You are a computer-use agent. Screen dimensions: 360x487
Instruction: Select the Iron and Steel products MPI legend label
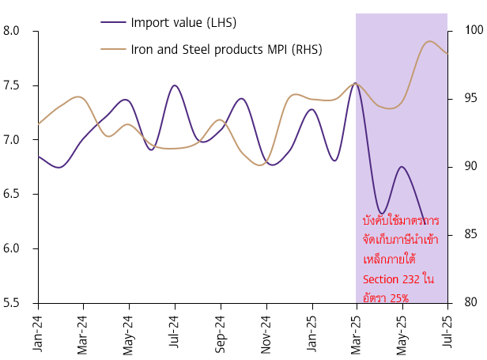pos(226,49)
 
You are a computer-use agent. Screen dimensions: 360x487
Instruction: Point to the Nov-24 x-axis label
pos(266,332)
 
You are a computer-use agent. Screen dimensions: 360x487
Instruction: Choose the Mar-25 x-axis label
pos(357,332)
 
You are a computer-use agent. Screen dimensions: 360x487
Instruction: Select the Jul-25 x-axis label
pos(448,332)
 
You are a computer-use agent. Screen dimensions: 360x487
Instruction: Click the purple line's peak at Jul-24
pos(175,85)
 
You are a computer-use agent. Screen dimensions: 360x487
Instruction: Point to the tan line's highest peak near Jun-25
pos(430,41)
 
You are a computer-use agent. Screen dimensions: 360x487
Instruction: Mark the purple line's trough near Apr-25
pos(382,214)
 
